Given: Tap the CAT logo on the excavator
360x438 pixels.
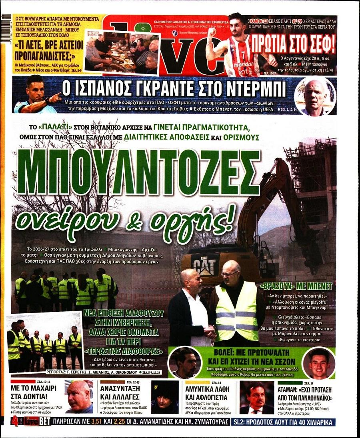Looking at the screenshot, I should tap(204, 263).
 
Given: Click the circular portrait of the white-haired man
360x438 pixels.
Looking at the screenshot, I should tap(314, 96).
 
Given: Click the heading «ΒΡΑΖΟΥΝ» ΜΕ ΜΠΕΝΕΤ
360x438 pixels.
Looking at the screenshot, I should tap(296, 287).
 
